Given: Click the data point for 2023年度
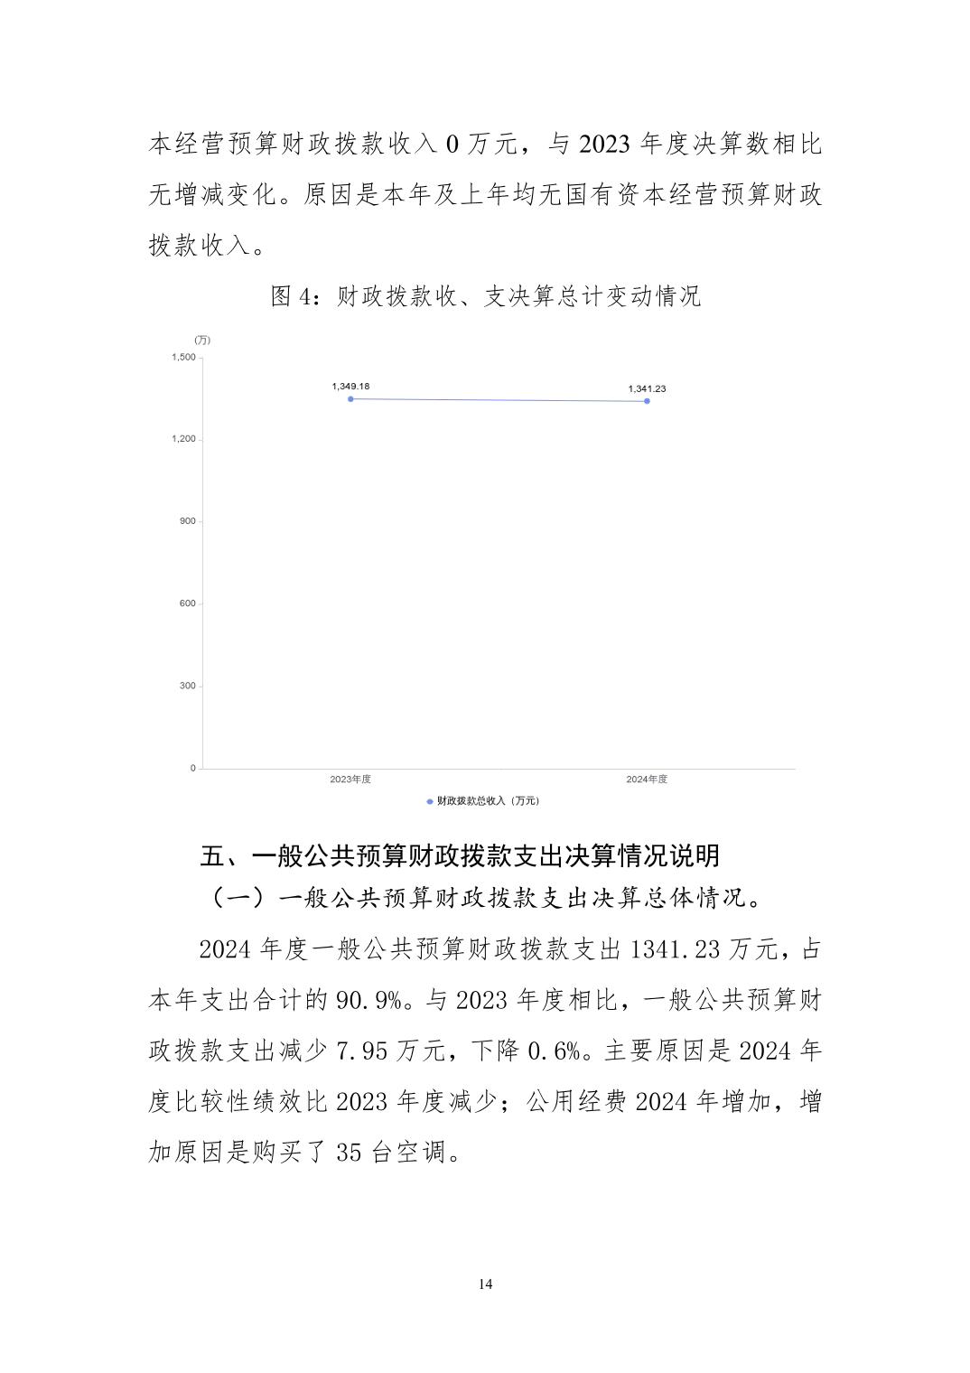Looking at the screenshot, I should coord(350,398).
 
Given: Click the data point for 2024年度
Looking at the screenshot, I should coord(647,401).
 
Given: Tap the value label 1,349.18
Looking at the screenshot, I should coord(350,387).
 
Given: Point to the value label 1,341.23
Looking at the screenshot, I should coord(647,389).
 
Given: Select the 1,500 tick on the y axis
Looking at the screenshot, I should coord(183,358).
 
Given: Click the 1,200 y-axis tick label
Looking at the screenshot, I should coord(183,439).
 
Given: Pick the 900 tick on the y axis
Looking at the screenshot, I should coord(187,521).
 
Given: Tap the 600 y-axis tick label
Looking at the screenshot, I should coord(187,603).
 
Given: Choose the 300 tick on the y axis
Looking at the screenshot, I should coord(187,686).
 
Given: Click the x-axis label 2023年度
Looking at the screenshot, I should coord(350,780).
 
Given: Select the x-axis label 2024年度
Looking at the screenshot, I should coord(647,780).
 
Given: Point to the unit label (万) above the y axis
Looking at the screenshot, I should coord(202,340).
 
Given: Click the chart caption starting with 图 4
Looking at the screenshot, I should coord(486,296).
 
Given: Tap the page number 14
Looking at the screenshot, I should coord(486,1284).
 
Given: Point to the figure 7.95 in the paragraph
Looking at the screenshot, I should coord(362,1051).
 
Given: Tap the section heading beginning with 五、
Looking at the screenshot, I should coord(460,855).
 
